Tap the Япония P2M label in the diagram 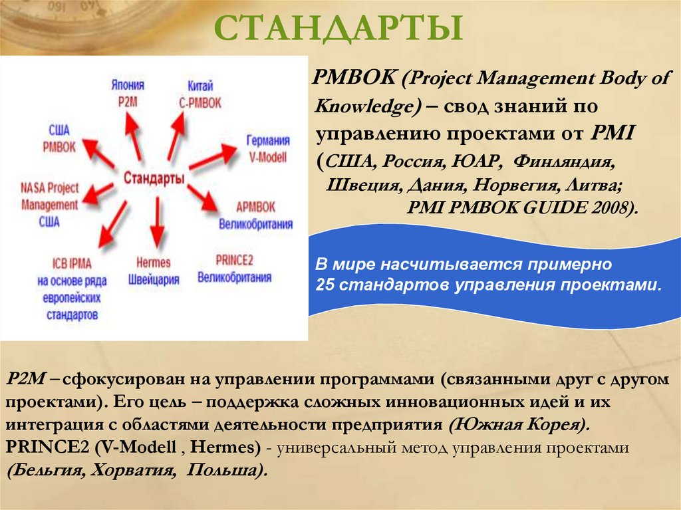pyautogui.click(x=127, y=92)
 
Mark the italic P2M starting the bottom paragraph pyautogui.click(x=25, y=379)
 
